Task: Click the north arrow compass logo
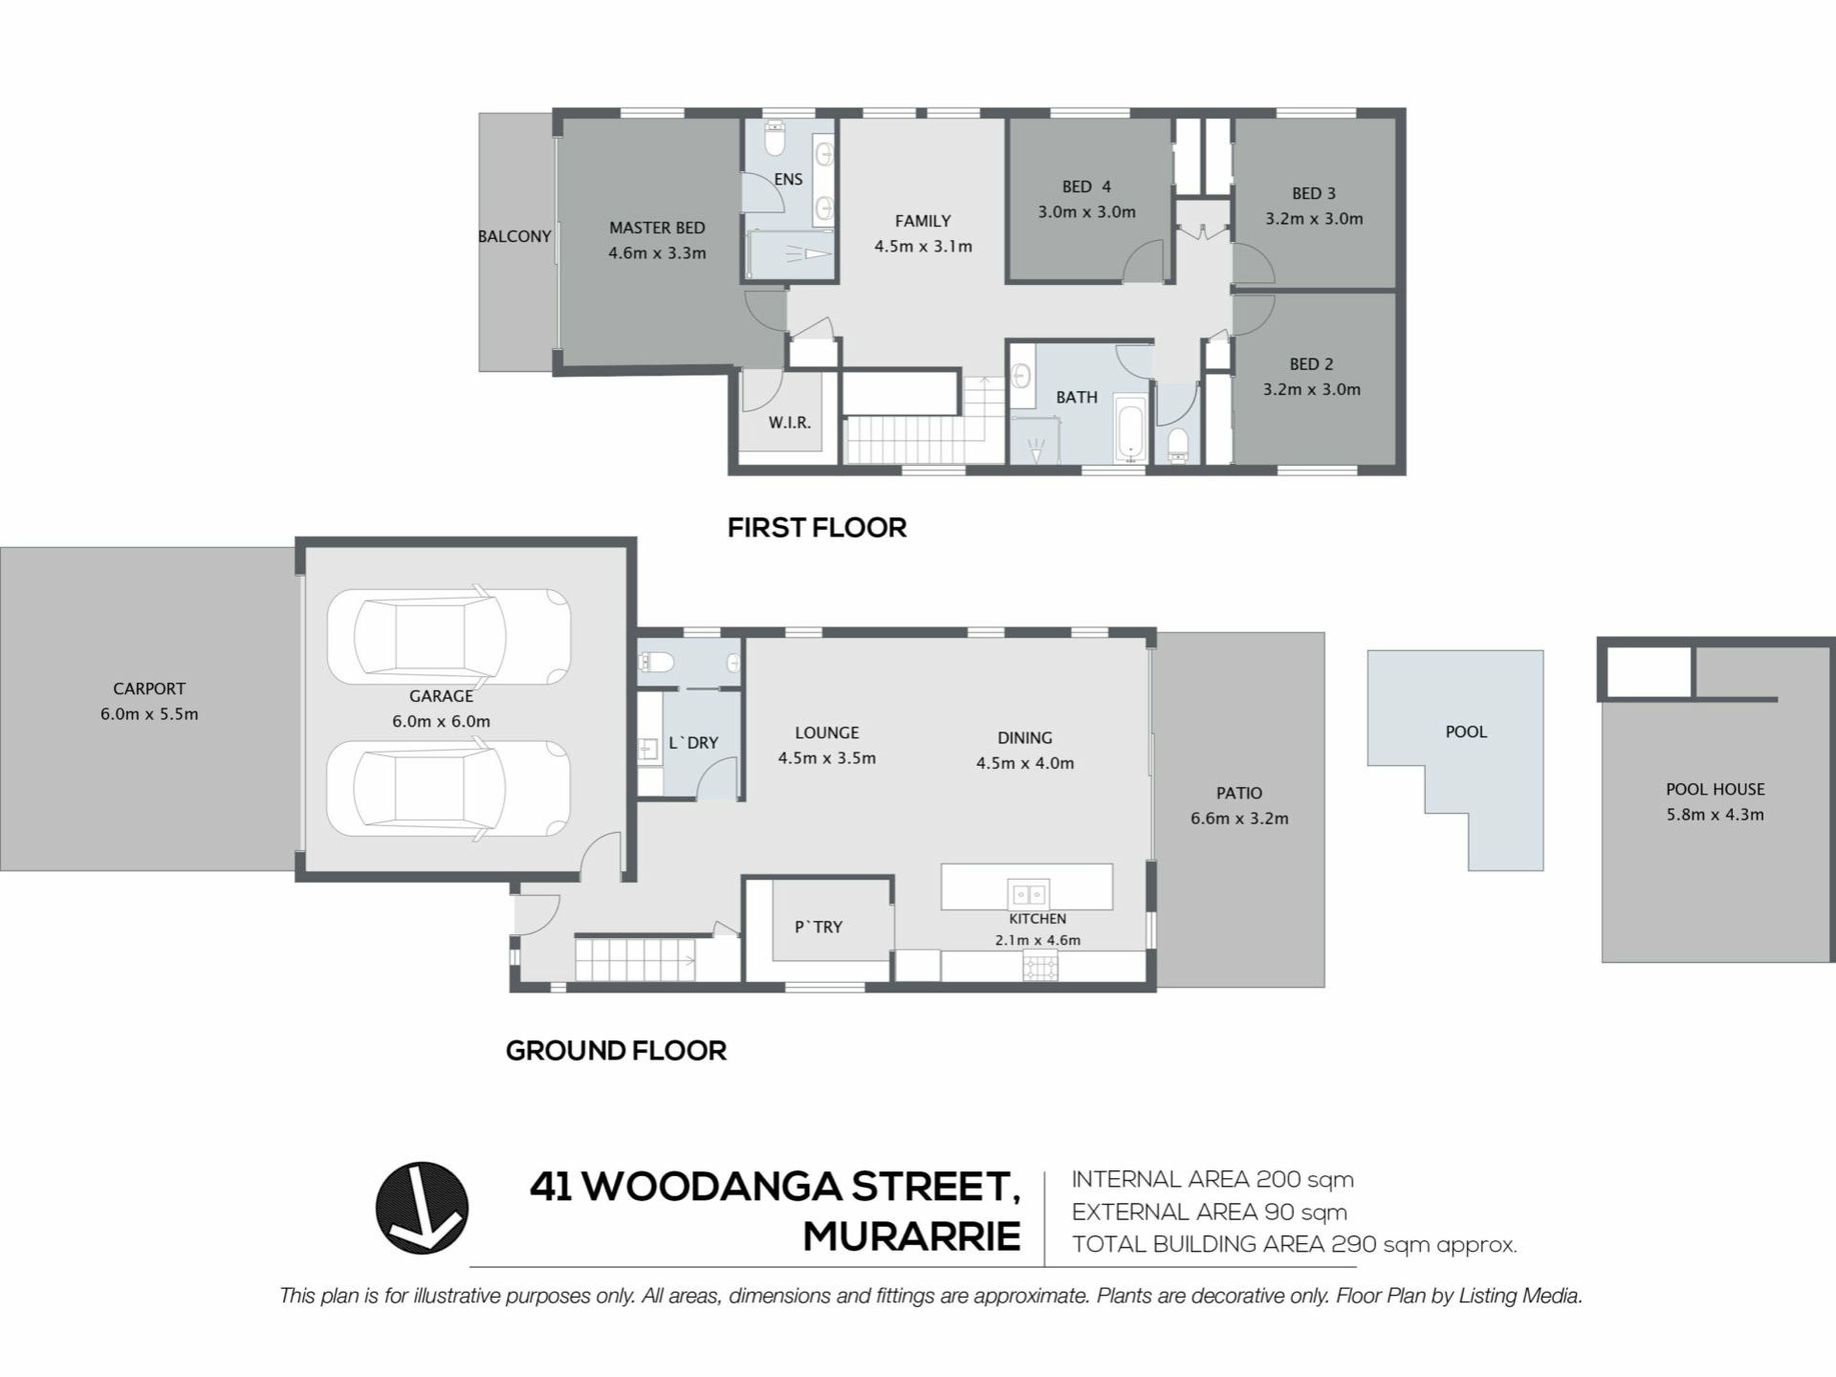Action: tap(422, 1208)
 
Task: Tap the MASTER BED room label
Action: tap(657, 228)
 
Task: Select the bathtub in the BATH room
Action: tap(1130, 429)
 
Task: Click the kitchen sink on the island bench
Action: tap(1028, 894)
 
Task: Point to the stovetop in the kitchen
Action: tap(1040, 967)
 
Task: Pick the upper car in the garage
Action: tap(449, 636)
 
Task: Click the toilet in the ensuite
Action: tap(775, 139)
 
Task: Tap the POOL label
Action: tap(1466, 732)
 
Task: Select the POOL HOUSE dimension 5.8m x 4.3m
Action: tap(1715, 815)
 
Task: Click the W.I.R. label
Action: tap(790, 422)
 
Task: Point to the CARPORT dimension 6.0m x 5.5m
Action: tap(149, 713)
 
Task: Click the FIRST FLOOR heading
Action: tap(817, 528)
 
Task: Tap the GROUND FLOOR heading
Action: tap(616, 1051)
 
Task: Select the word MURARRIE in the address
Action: tap(911, 1236)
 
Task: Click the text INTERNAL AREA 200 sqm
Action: tap(1213, 1180)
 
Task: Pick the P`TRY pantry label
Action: tap(819, 927)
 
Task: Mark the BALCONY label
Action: tap(514, 236)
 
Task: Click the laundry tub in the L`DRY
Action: tap(648, 749)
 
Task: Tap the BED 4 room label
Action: tap(1086, 186)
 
